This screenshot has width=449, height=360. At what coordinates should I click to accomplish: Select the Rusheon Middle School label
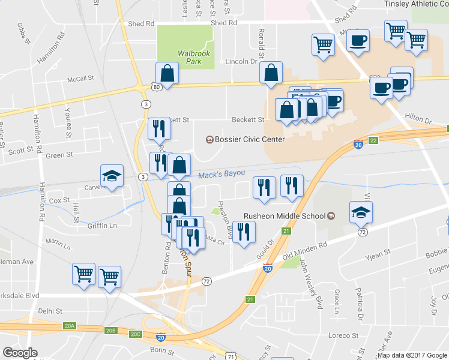click(x=284, y=216)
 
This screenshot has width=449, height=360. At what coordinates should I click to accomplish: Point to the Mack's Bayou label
click(x=221, y=174)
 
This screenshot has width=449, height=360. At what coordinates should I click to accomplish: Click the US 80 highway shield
click(x=156, y=87)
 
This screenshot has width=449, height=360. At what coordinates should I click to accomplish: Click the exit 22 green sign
click(x=373, y=140)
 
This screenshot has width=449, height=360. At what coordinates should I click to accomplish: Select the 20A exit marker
click(x=70, y=326)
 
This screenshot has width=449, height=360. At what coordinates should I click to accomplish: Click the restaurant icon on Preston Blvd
click(x=243, y=232)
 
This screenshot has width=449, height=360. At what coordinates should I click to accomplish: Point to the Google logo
click(x=20, y=352)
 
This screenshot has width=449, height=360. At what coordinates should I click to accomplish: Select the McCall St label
click(x=81, y=78)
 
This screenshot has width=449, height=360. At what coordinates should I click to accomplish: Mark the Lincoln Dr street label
click(x=241, y=61)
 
